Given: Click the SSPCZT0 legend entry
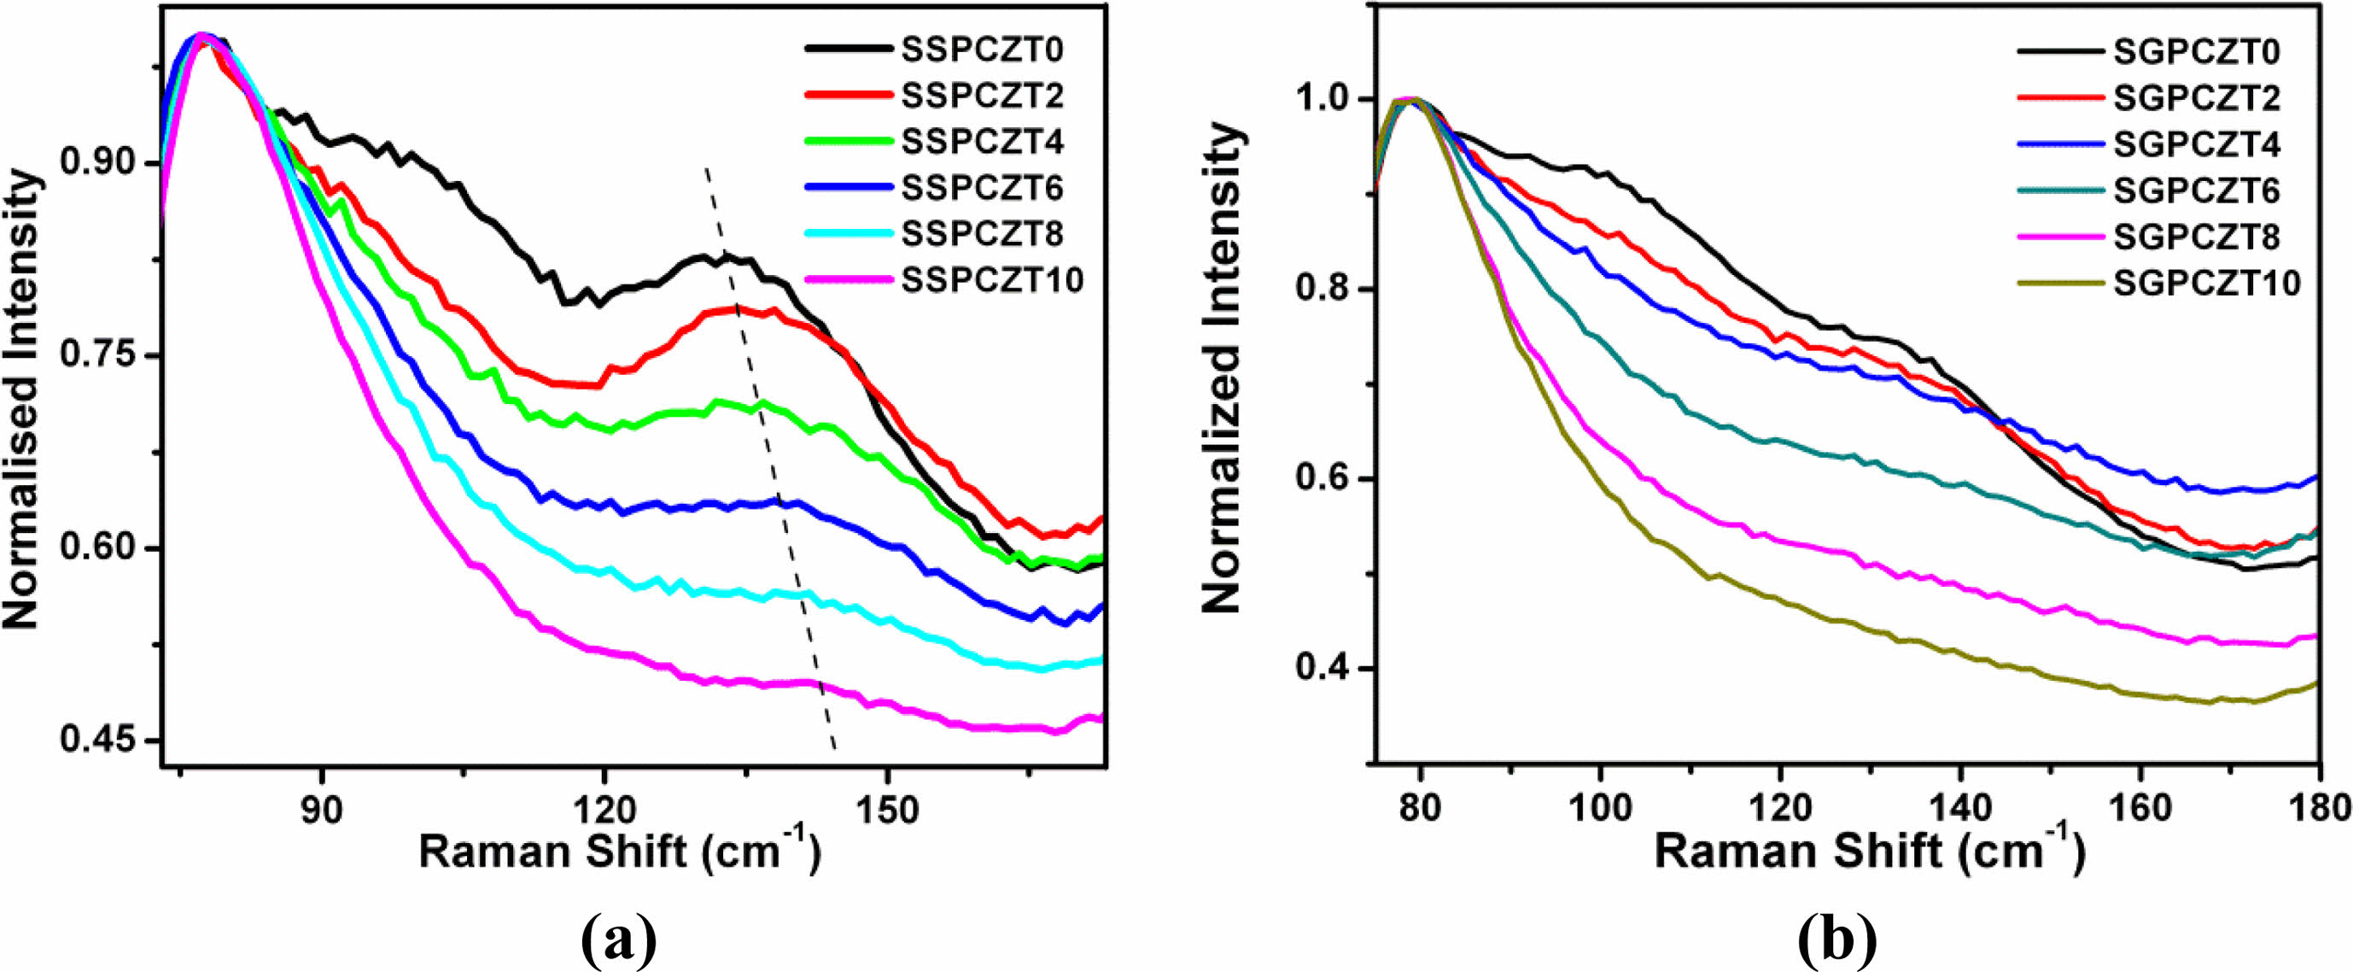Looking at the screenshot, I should point(982,50).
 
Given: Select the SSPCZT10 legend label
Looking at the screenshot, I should point(992,279).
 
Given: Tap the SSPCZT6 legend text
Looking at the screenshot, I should point(982,187).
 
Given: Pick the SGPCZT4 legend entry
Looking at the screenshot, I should point(2196,144).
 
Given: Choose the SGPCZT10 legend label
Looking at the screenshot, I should point(2206,284).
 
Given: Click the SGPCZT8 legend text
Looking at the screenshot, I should point(2196,237).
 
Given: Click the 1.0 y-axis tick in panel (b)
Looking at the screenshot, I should point(1322,100).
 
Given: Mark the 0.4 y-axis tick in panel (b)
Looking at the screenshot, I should point(1322,669).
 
